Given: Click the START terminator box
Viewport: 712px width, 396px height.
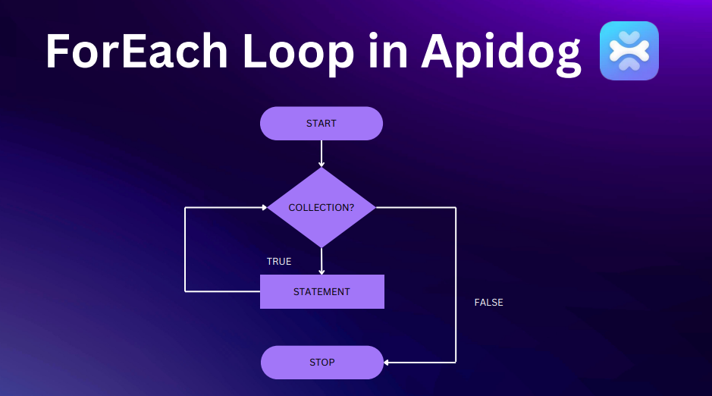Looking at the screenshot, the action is coord(321,124).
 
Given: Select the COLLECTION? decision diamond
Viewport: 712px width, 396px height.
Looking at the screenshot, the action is coord(321,208).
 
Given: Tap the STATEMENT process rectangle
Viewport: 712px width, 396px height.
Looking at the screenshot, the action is coord(322,291).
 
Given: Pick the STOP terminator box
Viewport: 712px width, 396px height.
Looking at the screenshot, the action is coord(322,363).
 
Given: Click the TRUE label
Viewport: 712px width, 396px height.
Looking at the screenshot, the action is coord(279,262).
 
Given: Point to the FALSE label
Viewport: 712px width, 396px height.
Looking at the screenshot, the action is coord(488,303).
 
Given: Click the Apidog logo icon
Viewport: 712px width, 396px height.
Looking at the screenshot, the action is coord(629,51).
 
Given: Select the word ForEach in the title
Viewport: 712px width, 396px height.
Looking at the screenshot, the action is coord(136,51).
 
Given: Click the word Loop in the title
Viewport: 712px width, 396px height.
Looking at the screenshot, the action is coord(298,55).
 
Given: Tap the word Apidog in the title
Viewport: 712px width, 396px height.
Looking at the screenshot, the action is coord(501,55).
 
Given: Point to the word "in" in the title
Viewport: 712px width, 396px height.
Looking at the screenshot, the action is coord(387,51).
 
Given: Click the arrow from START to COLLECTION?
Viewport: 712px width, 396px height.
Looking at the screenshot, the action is coord(321,154).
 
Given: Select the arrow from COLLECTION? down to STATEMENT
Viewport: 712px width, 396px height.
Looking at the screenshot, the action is coord(321,261).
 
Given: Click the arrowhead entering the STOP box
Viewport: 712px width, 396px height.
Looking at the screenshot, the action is coord(386,363).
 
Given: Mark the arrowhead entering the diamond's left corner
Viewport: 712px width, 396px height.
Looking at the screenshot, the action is coord(265,208).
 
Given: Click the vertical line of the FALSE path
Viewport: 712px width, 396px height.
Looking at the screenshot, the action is coord(456,285).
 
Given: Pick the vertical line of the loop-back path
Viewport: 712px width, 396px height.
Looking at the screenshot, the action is coord(185,250).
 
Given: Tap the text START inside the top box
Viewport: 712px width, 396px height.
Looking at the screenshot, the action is coord(321,124).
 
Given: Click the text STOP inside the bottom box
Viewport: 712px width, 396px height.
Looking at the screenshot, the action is coord(322,363).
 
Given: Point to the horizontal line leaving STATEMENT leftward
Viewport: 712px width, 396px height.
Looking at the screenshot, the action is coord(222,291).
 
